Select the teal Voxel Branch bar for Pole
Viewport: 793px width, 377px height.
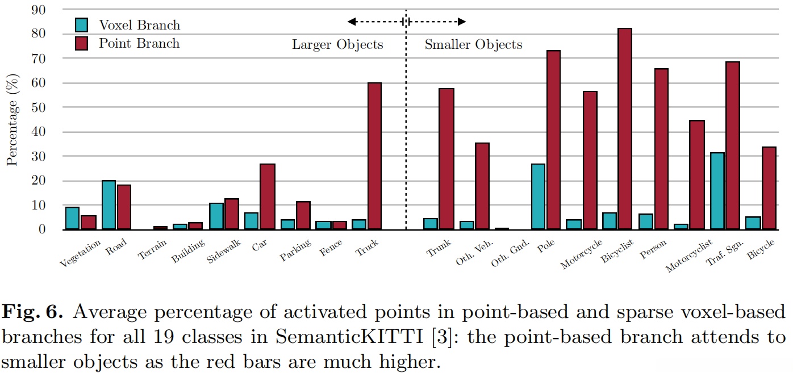[x=538, y=196]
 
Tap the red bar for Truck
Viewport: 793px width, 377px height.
[x=374, y=156]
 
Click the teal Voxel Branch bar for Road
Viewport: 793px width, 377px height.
[x=108, y=205]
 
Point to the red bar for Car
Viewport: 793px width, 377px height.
[x=268, y=196]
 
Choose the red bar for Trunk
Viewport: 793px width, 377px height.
[x=446, y=159]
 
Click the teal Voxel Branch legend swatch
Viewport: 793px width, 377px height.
[x=82, y=25]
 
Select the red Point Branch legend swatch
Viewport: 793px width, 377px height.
[x=82, y=43]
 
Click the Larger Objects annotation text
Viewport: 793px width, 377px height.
[x=337, y=45]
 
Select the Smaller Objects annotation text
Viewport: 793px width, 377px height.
[x=473, y=45]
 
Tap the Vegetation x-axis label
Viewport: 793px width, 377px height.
[x=80, y=253]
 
